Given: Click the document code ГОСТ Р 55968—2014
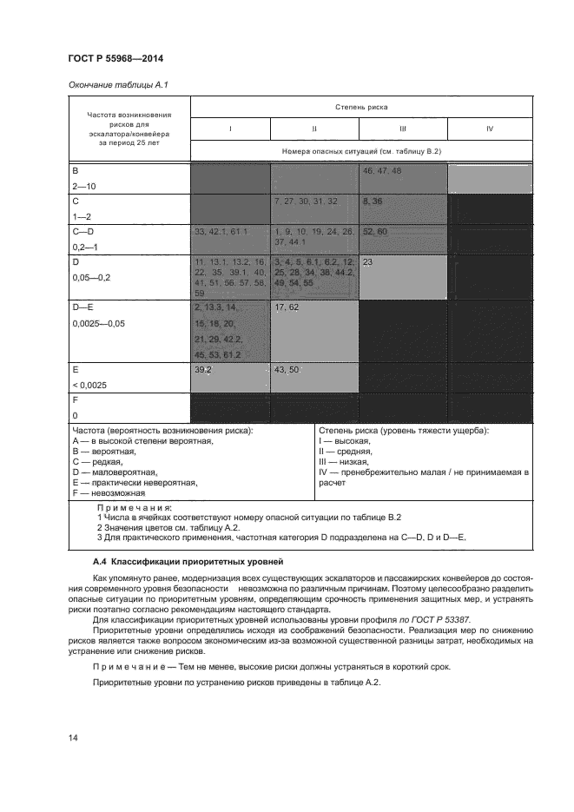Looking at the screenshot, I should (x=115, y=58).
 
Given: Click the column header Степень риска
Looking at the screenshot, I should (x=361, y=106).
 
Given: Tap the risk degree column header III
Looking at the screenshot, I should (x=403, y=129).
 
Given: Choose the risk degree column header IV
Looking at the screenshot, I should (x=490, y=129).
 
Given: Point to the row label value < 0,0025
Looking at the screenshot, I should (x=91, y=383).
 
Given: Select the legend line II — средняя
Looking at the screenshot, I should (x=345, y=452).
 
